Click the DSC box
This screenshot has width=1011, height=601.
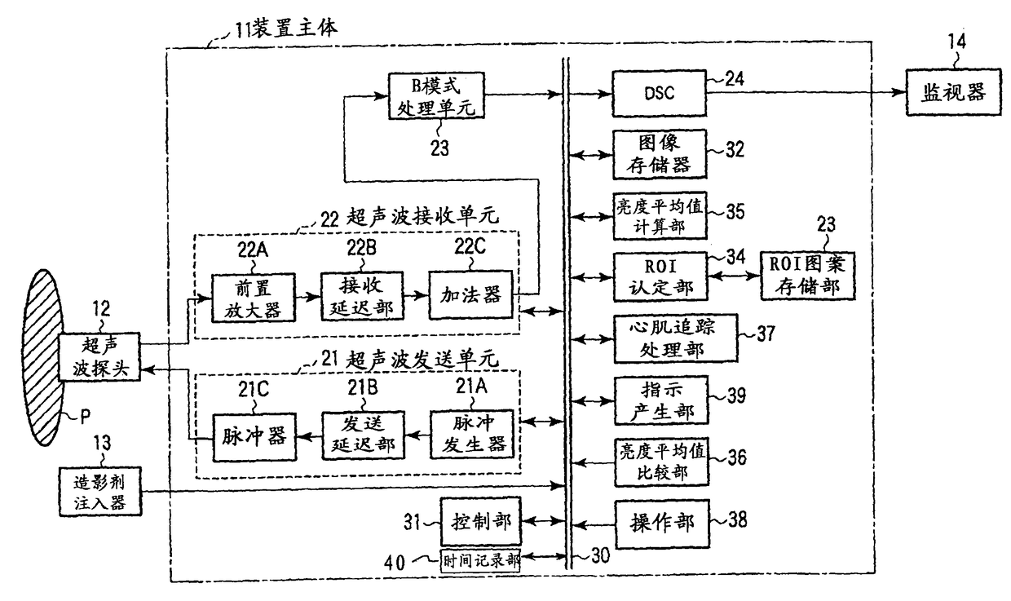click(x=659, y=93)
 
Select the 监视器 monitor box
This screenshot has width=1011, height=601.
click(x=954, y=92)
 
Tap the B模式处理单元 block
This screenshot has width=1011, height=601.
click(x=436, y=95)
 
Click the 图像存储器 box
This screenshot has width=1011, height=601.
click(x=660, y=154)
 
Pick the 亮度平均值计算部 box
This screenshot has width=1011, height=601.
click(x=660, y=216)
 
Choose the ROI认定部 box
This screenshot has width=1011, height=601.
click(x=660, y=276)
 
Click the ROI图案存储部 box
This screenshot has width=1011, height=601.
click(x=807, y=276)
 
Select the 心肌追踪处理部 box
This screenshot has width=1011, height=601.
click(x=676, y=338)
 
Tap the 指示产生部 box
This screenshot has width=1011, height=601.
click(x=661, y=400)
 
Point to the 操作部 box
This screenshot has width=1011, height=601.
click(x=662, y=524)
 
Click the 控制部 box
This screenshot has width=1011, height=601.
click(x=481, y=522)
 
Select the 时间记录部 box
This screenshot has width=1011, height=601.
click(x=480, y=561)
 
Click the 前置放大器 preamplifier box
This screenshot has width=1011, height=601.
click(x=254, y=298)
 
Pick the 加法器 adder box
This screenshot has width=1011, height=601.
click(x=470, y=295)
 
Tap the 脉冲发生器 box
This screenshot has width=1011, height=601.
click(x=472, y=435)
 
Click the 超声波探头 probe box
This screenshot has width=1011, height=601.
click(x=99, y=356)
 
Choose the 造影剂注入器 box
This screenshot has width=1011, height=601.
click(x=100, y=491)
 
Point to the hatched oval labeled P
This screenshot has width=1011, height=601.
click(x=43, y=358)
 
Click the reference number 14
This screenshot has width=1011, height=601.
click(x=957, y=42)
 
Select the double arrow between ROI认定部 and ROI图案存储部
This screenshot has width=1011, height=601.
click(x=734, y=276)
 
